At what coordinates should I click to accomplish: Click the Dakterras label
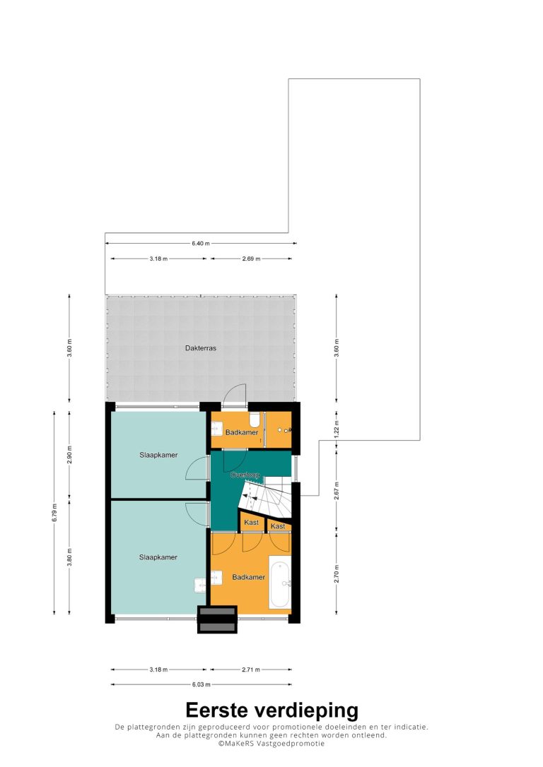click(x=200, y=348)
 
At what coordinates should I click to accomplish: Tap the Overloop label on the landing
click(x=245, y=475)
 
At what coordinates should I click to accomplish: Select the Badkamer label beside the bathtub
click(x=249, y=577)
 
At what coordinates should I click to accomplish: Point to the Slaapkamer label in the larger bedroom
click(x=158, y=557)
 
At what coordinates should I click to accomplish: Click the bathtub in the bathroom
click(x=280, y=582)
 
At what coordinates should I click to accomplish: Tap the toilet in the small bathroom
click(x=255, y=420)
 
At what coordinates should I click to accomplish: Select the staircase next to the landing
click(x=266, y=496)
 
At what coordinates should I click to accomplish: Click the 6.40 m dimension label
click(x=201, y=243)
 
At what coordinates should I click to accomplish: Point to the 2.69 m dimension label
click(x=251, y=258)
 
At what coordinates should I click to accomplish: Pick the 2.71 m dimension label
click(x=251, y=670)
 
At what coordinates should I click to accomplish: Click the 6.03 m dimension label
click(x=202, y=685)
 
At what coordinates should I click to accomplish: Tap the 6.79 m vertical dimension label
click(x=54, y=513)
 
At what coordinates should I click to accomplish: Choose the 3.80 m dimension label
click(x=69, y=557)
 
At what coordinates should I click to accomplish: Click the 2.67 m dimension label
click(x=337, y=491)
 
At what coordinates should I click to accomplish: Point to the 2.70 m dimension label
click(x=337, y=573)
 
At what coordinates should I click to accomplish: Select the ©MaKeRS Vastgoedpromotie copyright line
click(x=271, y=744)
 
